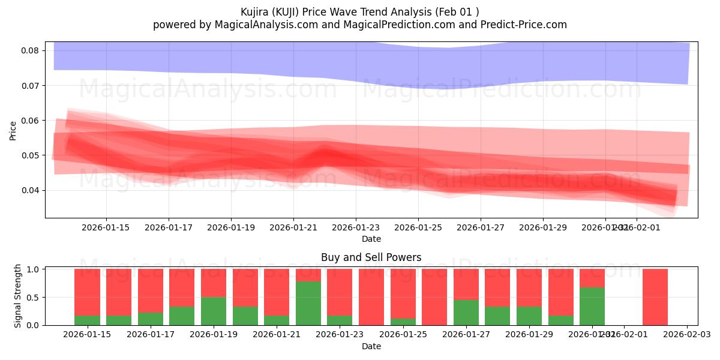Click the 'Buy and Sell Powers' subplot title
coord(371,257)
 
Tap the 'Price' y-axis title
coord(13,130)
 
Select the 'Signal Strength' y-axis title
coord(18,296)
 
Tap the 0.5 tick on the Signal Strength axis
coord(33,297)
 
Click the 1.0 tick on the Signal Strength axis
coord(33,269)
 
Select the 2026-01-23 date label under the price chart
coord(356,228)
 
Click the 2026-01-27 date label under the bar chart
coord(466,335)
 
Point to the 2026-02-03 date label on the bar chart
coord(686,335)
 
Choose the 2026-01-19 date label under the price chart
coord(231,228)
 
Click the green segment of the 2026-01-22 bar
coord(308,303)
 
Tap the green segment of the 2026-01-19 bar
coord(214,311)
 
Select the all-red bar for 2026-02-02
coord(655,297)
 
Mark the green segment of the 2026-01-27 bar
coord(466,313)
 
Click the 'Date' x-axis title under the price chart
coord(371,239)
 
